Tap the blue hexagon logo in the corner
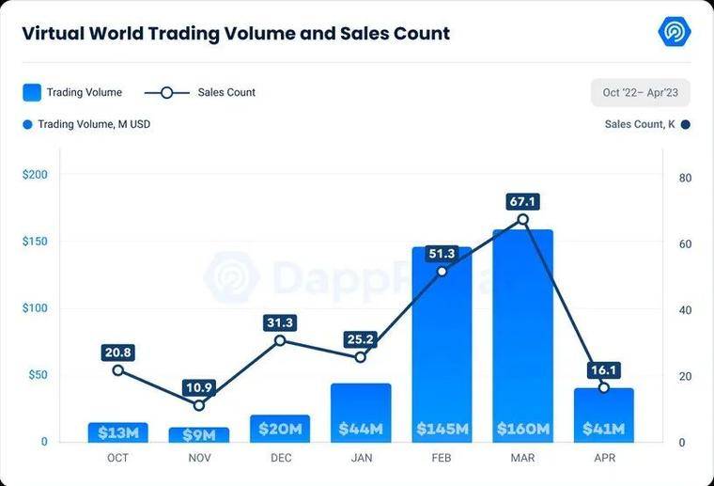[675, 31]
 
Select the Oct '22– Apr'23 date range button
[640, 92]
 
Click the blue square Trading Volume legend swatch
[32, 92]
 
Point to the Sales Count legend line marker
[167, 93]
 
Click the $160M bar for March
[522, 337]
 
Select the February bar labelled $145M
[442, 345]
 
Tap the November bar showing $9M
[199, 435]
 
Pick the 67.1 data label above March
[522, 201]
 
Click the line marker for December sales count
[280, 340]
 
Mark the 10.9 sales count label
[199, 387]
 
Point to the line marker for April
[604, 387]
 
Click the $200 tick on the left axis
[35, 175]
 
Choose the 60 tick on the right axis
[685, 244]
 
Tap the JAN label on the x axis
[362, 458]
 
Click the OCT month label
[117, 458]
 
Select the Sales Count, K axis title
[640, 124]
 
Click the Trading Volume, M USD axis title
[94, 124]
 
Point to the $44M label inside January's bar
[361, 429]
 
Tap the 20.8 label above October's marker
[118, 353]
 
